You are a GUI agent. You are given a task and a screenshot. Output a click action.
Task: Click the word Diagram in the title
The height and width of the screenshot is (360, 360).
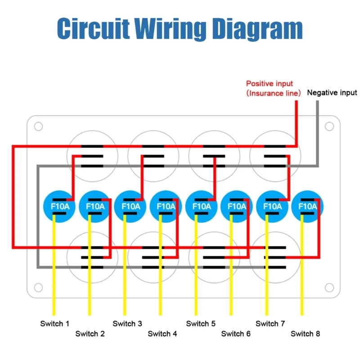coord(257,28)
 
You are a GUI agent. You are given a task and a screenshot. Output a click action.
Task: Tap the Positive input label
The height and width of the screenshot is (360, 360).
coord(269,84)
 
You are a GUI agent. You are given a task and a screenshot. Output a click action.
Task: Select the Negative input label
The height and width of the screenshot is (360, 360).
coord(332,93)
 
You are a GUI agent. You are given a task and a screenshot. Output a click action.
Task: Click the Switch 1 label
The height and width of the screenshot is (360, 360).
coord(55,324)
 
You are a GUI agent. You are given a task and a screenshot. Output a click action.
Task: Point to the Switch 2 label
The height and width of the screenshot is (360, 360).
coord(90,334)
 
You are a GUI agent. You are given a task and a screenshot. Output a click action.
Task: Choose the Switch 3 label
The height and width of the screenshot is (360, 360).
coord(127,324)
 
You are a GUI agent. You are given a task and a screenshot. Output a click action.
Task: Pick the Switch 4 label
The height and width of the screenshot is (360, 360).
coord(162,334)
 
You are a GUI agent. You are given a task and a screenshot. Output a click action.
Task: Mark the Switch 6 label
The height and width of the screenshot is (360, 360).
coord(236,334)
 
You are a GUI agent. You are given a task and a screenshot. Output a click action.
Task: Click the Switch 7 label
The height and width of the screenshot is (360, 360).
coord(270,324)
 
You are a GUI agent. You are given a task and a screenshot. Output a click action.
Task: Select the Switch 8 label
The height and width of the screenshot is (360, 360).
coord(306,334)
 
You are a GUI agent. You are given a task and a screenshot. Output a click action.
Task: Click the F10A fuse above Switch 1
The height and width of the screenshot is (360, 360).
coord(57,207)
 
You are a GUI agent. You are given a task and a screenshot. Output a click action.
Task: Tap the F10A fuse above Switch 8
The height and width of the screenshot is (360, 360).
coord(308,207)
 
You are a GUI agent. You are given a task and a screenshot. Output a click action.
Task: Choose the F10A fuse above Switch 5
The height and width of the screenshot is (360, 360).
coord(201,207)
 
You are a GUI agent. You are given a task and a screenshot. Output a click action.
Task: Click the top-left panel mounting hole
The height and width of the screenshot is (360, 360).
coord(38,126)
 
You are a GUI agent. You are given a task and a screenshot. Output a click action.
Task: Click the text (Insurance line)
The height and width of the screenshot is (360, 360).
coord(274,93)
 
